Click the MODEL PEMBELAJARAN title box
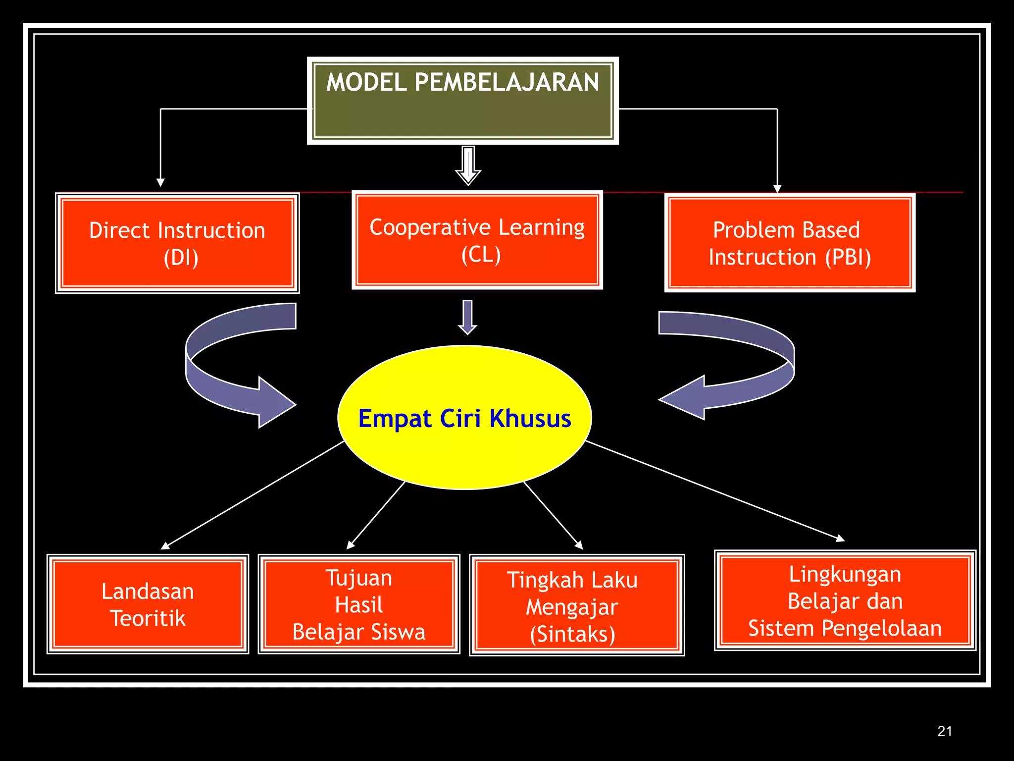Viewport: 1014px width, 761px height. point(463,101)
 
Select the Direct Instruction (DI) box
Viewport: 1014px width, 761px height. point(177,243)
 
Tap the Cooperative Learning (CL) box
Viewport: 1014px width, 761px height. point(477,240)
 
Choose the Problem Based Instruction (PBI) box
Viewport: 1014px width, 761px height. point(790,243)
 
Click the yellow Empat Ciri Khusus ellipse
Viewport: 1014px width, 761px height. point(464,418)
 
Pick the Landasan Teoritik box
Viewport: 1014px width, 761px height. point(148,604)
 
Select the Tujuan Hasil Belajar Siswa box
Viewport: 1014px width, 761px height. point(359,604)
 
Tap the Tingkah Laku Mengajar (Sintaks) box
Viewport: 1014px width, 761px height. point(577,605)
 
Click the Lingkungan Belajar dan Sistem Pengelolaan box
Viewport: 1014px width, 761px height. point(845,600)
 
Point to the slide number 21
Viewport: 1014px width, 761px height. point(945,731)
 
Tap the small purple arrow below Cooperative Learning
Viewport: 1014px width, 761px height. point(467,317)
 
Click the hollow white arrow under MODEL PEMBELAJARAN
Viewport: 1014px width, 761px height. point(468,165)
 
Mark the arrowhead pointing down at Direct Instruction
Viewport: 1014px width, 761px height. point(160,182)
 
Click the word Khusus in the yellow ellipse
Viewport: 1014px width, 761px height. point(530,419)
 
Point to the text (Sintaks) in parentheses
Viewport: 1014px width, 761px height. point(572,634)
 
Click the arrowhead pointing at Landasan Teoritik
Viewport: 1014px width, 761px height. point(165,546)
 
